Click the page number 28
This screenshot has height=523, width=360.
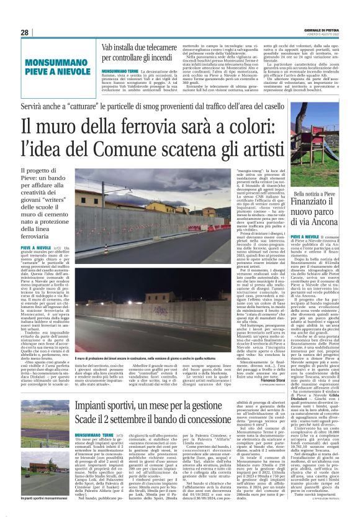(24, 32)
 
